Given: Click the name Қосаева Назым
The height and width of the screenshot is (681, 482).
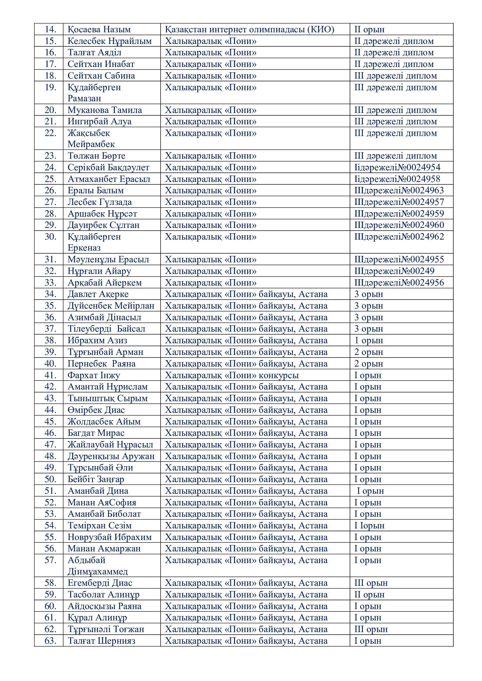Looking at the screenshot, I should coord(99,29).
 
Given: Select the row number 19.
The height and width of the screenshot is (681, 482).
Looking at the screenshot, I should coord(50,88).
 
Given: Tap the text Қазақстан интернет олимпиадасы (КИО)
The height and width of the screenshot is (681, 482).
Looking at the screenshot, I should coord(250,29).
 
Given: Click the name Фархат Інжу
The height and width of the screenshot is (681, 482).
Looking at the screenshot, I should coord(94,375).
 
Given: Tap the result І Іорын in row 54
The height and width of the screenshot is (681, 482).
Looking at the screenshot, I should coord(369,526).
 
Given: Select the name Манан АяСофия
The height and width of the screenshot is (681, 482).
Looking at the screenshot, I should coord(102,503).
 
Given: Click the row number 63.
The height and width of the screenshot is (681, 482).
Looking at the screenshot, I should coord(50,641).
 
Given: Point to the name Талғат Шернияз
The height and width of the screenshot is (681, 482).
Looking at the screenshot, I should coord(101,641).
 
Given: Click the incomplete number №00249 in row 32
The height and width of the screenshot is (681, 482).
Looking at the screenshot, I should coord(418,271).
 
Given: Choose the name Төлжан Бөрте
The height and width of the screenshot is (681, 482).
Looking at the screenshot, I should coord(96,156).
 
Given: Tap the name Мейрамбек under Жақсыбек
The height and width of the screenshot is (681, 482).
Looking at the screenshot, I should coord(91,144).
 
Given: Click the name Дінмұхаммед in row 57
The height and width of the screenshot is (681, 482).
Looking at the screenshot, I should coord(98,572).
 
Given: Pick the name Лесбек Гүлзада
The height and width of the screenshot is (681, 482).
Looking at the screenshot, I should coord(100,202).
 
